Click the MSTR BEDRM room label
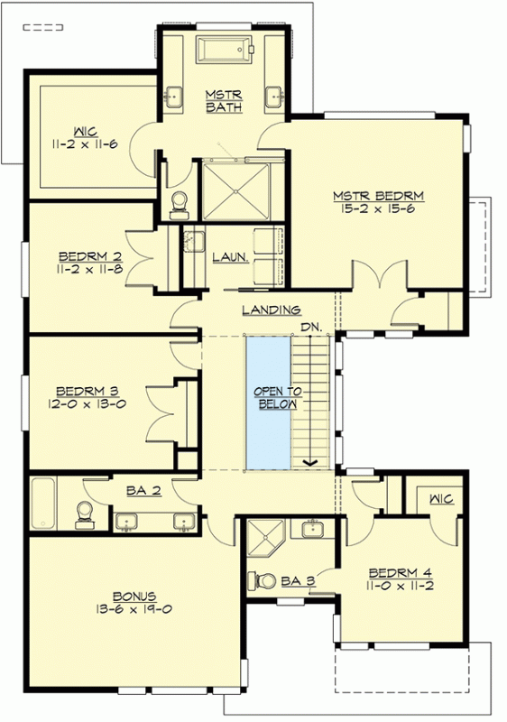378,196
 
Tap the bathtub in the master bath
225,49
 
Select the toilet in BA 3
261,580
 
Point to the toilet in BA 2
85,514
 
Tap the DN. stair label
311,328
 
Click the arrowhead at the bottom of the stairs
310,462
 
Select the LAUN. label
231,257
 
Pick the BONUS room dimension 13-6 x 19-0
134,609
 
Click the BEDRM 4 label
401,573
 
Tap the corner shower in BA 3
266,537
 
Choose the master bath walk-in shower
236,190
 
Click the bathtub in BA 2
43,504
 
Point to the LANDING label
272,310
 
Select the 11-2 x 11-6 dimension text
85,144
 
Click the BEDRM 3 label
88,392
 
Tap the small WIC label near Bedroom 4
441,499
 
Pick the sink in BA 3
314,528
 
